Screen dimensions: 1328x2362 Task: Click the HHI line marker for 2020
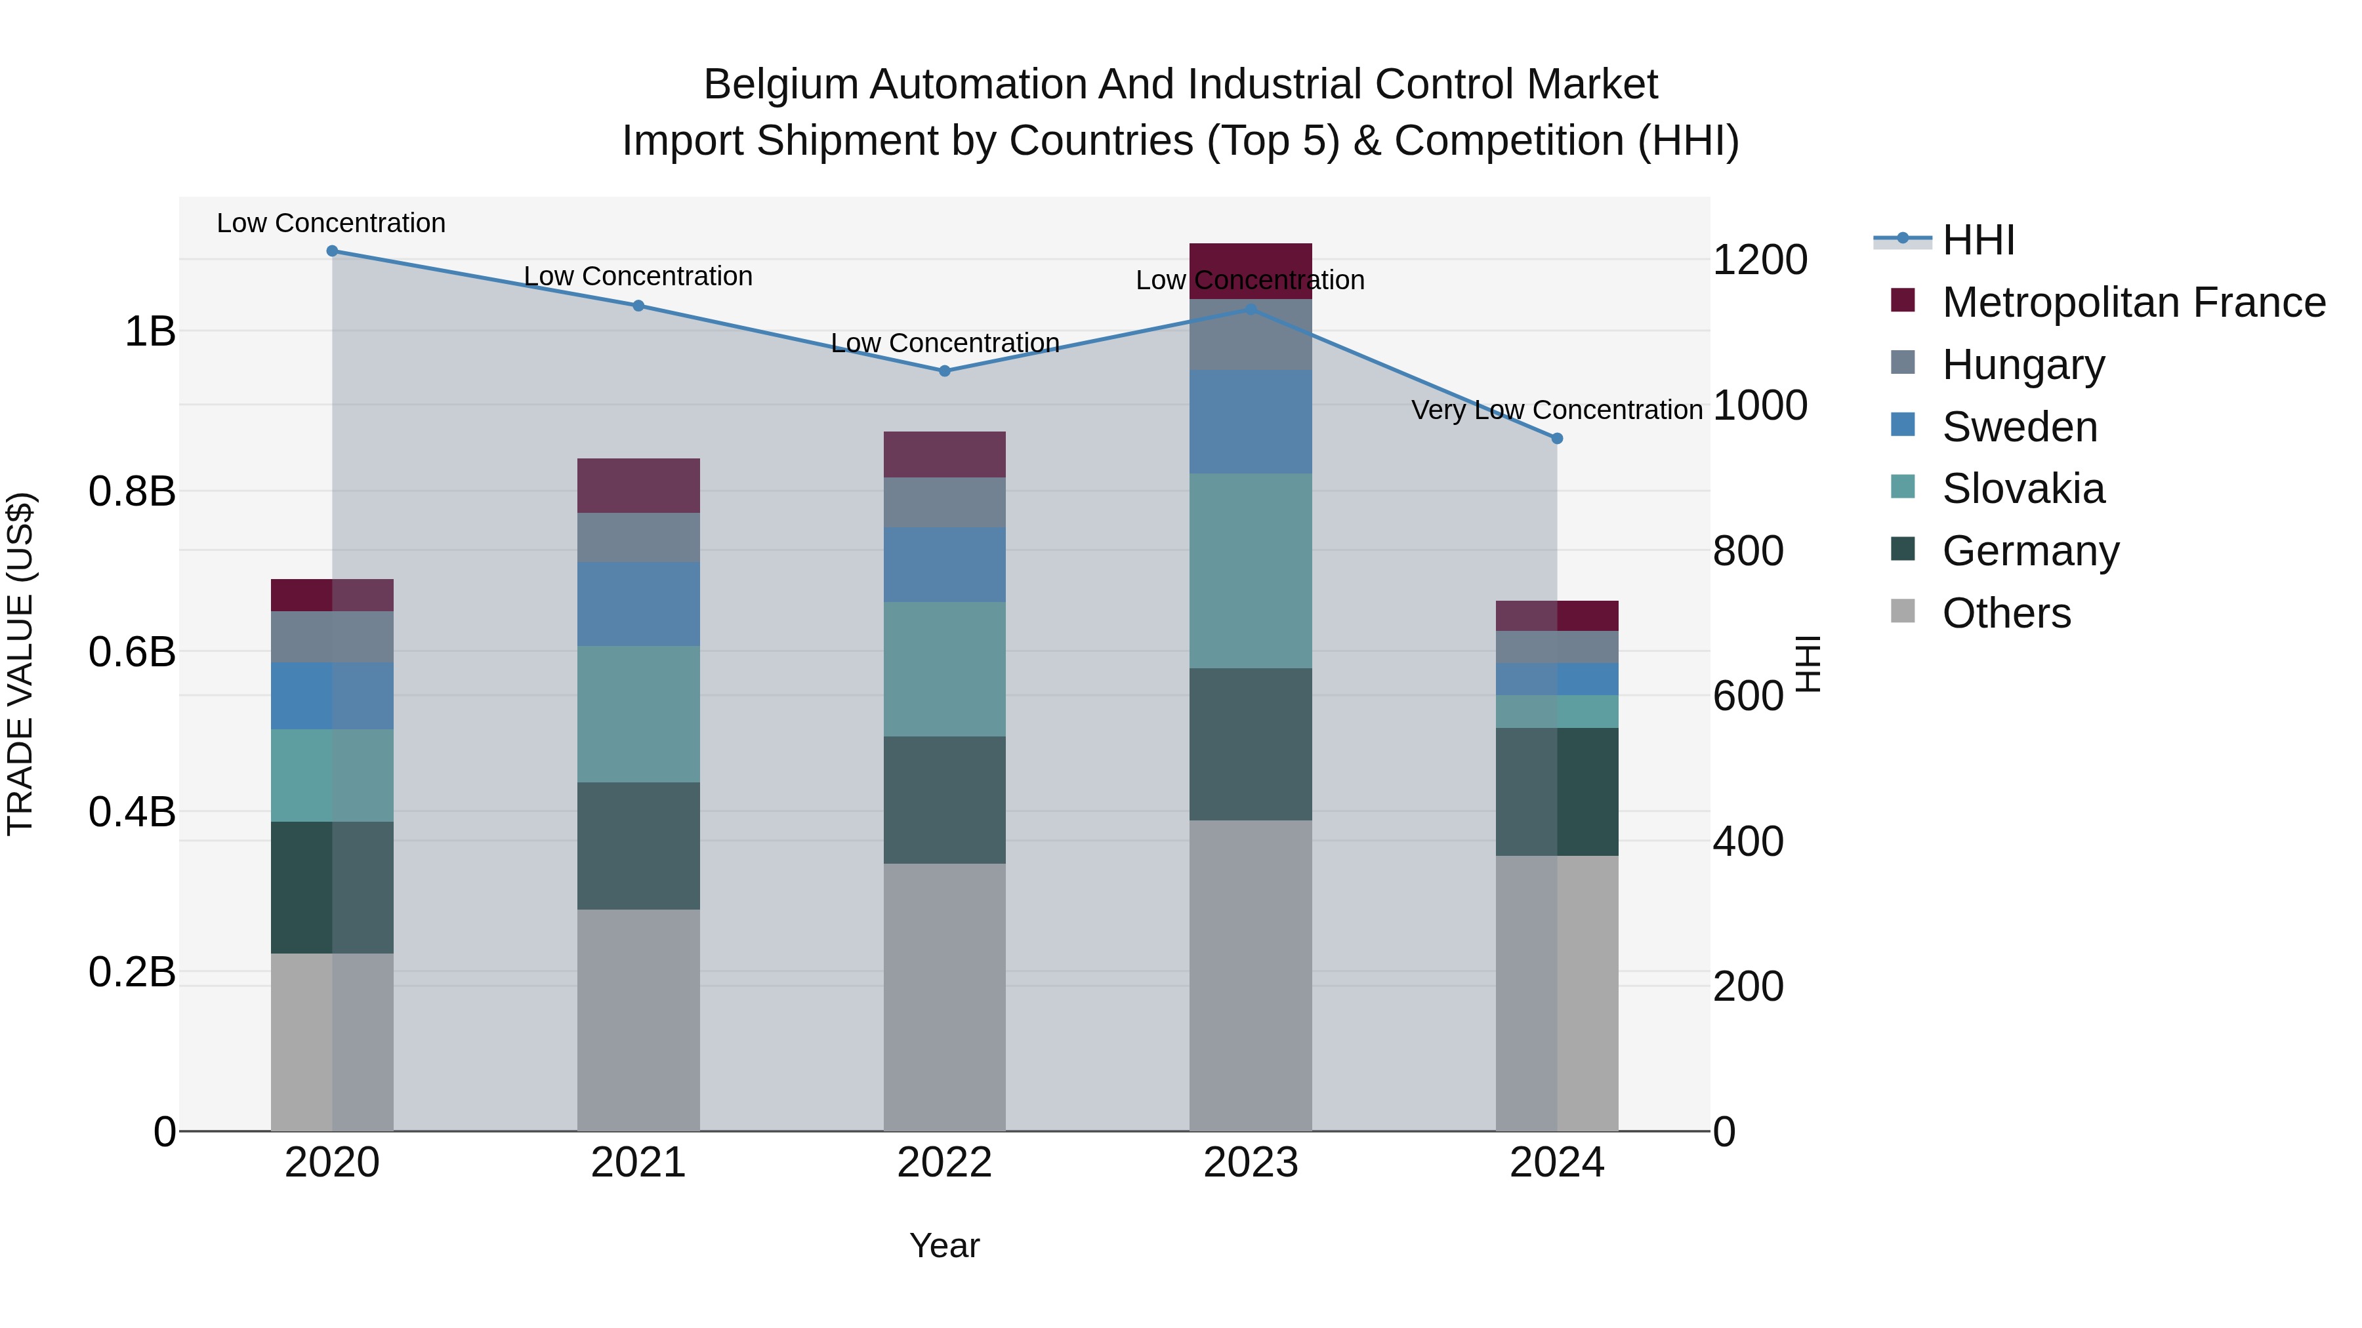tap(332, 251)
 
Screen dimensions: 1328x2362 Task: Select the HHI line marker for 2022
tap(944, 371)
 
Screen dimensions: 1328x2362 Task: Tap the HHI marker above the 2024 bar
tap(1556, 439)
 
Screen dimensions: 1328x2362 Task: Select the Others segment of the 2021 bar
tap(638, 1019)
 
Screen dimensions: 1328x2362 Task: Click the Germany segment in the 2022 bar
tap(944, 799)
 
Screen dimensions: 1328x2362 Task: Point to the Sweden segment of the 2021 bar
tap(638, 603)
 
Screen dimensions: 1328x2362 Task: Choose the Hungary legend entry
tap(2023, 365)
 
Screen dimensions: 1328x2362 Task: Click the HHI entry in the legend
tap(1978, 240)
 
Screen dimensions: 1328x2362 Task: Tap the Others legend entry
tap(2005, 613)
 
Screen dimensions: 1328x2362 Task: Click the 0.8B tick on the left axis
tap(132, 492)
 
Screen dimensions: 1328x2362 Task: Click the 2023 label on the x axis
tap(1250, 1163)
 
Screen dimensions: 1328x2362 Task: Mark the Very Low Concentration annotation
tap(1556, 410)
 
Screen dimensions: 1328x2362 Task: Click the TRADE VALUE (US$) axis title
tap(20, 664)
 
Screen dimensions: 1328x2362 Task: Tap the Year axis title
tap(944, 1245)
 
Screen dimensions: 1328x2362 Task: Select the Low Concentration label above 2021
tap(638, 276)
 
